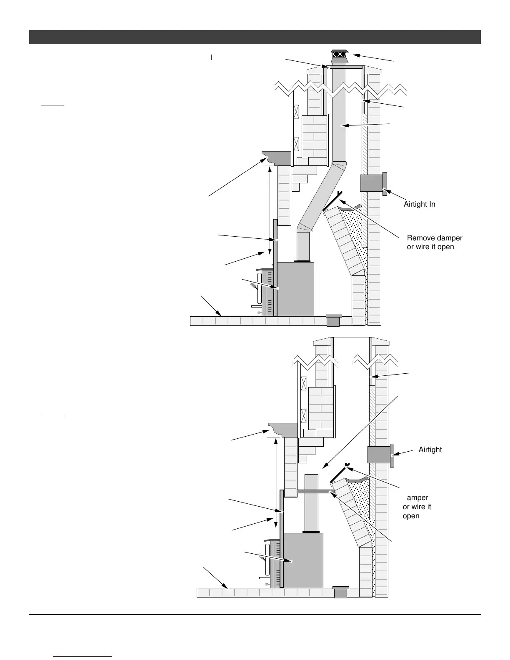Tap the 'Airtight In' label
tap(419, 204)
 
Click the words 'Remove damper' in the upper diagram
tap(435, 238)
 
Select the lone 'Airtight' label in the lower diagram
tap(430, 450)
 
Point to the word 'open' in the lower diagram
tap(411, 516)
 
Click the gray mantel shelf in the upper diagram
tap(277, 158)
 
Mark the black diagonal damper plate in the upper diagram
tap(332, 202)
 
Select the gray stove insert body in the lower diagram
tap(303, 560)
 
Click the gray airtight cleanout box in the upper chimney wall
tap(372, 183)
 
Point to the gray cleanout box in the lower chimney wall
tap(379, 455)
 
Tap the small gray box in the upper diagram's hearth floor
tap(333, 320)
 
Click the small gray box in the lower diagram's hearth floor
tap(341, 592)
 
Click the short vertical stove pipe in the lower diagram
tap(312, 504)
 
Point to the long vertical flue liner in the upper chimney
tap(340, 117)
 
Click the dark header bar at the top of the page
tap(255, 37)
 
